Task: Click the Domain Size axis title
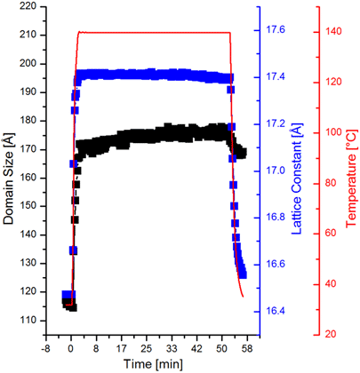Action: (10, 170)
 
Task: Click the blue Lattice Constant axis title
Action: (301, 170)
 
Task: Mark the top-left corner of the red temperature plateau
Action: (79, 33)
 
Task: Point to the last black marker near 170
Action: (242, 153)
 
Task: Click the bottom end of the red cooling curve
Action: (243, 298)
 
